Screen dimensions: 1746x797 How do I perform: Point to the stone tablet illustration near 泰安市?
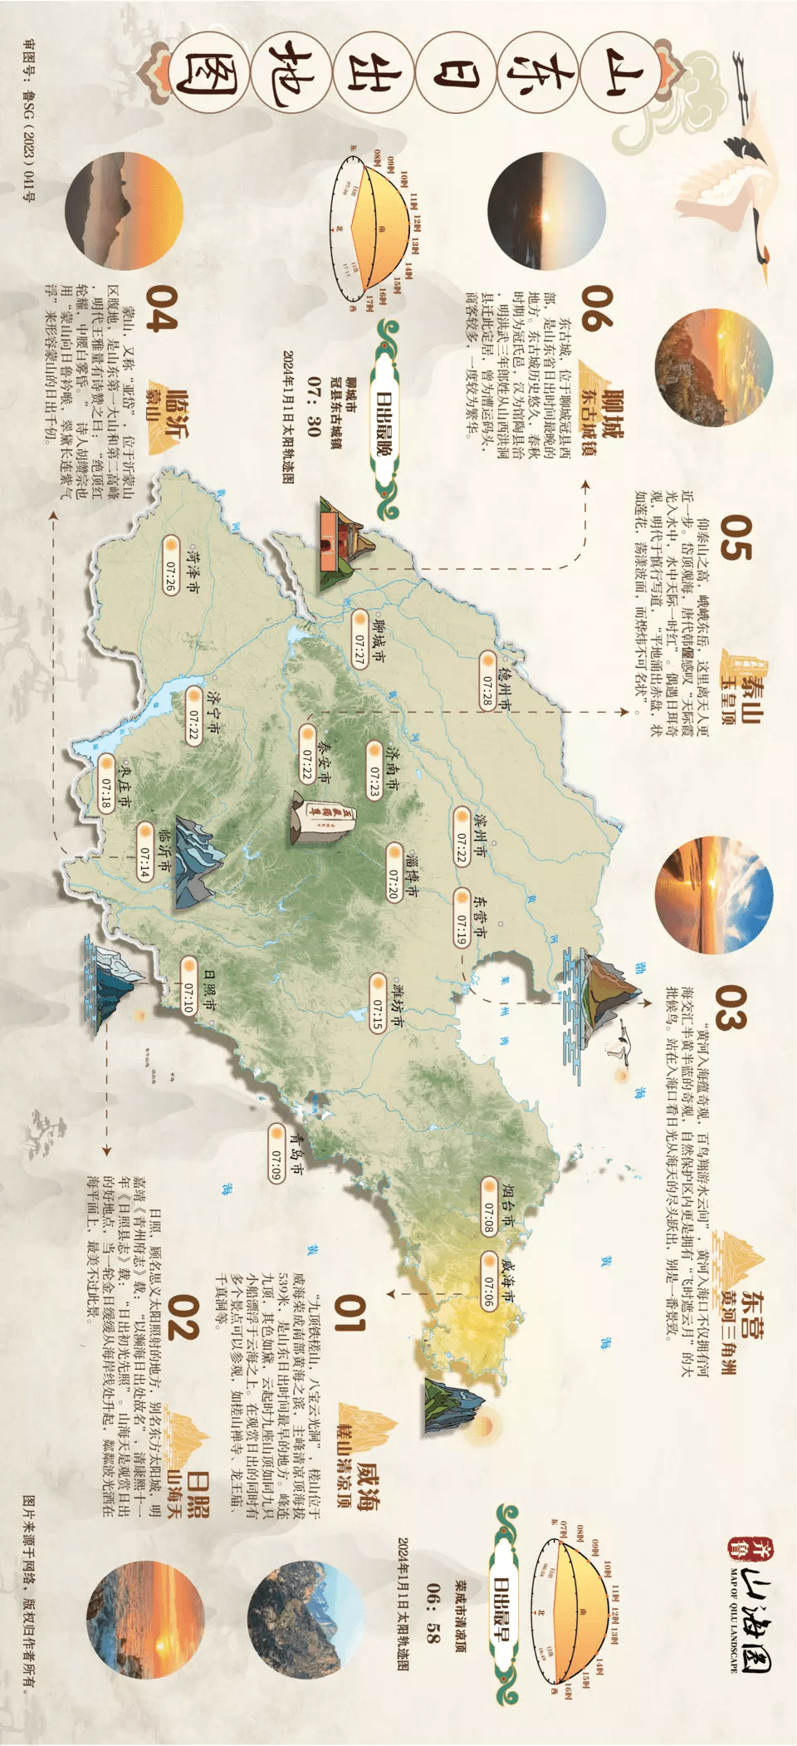[322, 818]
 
